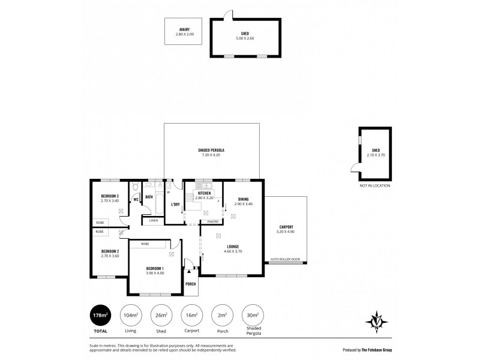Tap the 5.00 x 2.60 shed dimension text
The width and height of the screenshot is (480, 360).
245,38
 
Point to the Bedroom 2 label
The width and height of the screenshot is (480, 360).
109,251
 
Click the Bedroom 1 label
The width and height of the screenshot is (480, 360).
154,268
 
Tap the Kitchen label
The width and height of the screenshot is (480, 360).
202,193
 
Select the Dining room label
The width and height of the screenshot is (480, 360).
242,199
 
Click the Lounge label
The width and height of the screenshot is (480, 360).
233,247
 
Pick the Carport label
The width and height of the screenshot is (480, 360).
285,227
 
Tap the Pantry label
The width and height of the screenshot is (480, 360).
212,221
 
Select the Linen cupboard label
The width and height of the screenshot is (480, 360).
153,220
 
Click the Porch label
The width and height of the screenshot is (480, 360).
190,284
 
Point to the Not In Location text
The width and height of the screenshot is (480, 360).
375,185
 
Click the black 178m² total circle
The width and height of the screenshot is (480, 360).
101,316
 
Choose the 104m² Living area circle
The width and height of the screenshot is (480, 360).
130,316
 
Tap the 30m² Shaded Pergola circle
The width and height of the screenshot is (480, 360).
252,316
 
